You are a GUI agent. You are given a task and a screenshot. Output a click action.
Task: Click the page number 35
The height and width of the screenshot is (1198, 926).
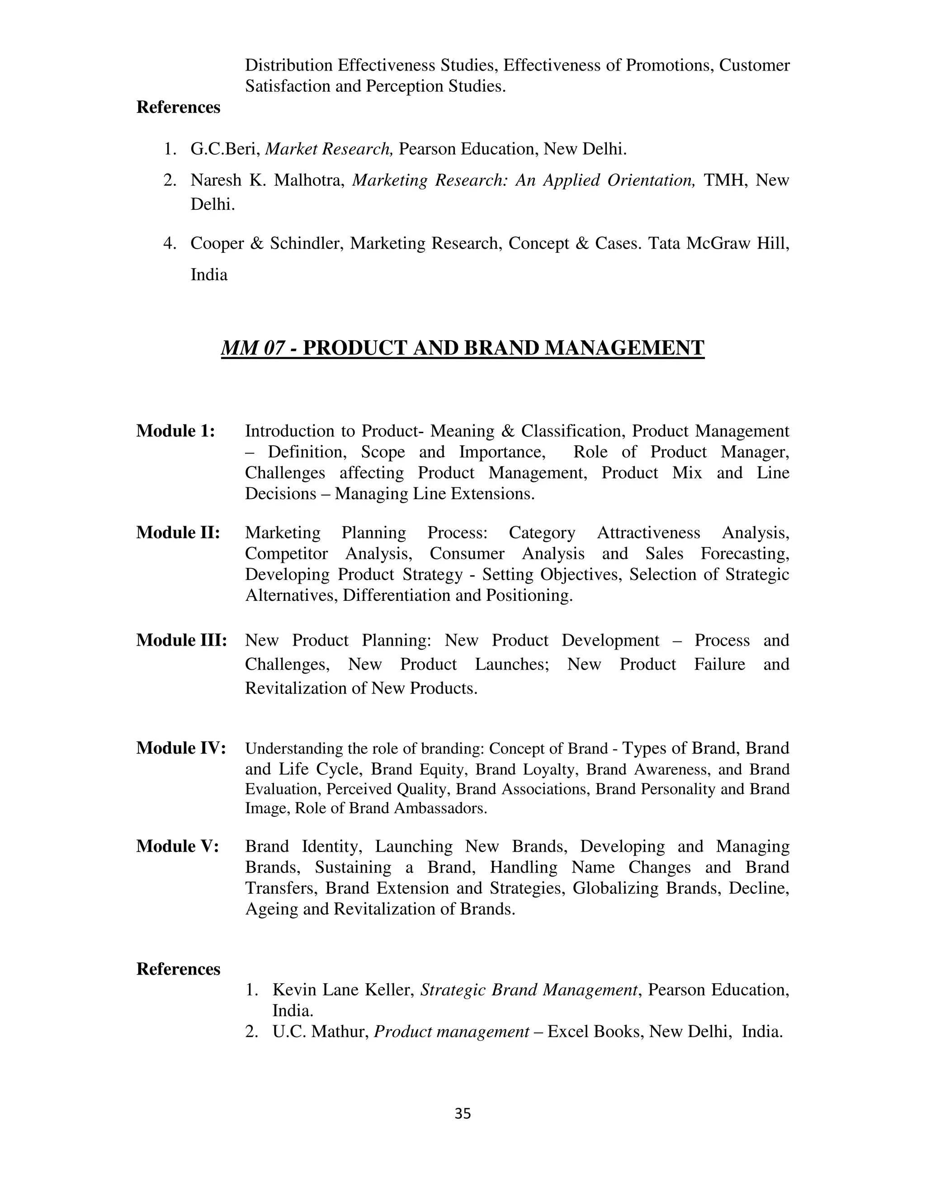[x=463, y=1113]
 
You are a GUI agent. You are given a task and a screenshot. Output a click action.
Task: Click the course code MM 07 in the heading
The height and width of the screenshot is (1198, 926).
[x=253, y=348]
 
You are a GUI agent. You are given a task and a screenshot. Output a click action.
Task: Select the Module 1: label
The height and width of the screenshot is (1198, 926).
[x=175, y=431]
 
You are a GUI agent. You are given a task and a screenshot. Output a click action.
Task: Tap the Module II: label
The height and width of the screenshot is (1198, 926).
[x=178, y=533]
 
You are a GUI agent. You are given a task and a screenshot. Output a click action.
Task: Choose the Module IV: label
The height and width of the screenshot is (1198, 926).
[x=181, y=748]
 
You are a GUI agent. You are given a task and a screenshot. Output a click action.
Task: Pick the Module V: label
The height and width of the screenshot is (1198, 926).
[x=178, y=846]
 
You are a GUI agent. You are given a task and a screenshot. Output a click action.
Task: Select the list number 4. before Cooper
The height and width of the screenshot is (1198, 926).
[x=170, y=244]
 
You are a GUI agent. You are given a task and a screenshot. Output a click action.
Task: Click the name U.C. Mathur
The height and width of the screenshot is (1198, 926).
[x=321, y=1032]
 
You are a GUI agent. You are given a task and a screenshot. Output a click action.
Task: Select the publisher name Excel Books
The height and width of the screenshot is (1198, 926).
[x=595, y=1032]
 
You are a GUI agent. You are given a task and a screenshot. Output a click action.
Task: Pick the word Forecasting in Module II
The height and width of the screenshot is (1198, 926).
[x=744, y=554]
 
